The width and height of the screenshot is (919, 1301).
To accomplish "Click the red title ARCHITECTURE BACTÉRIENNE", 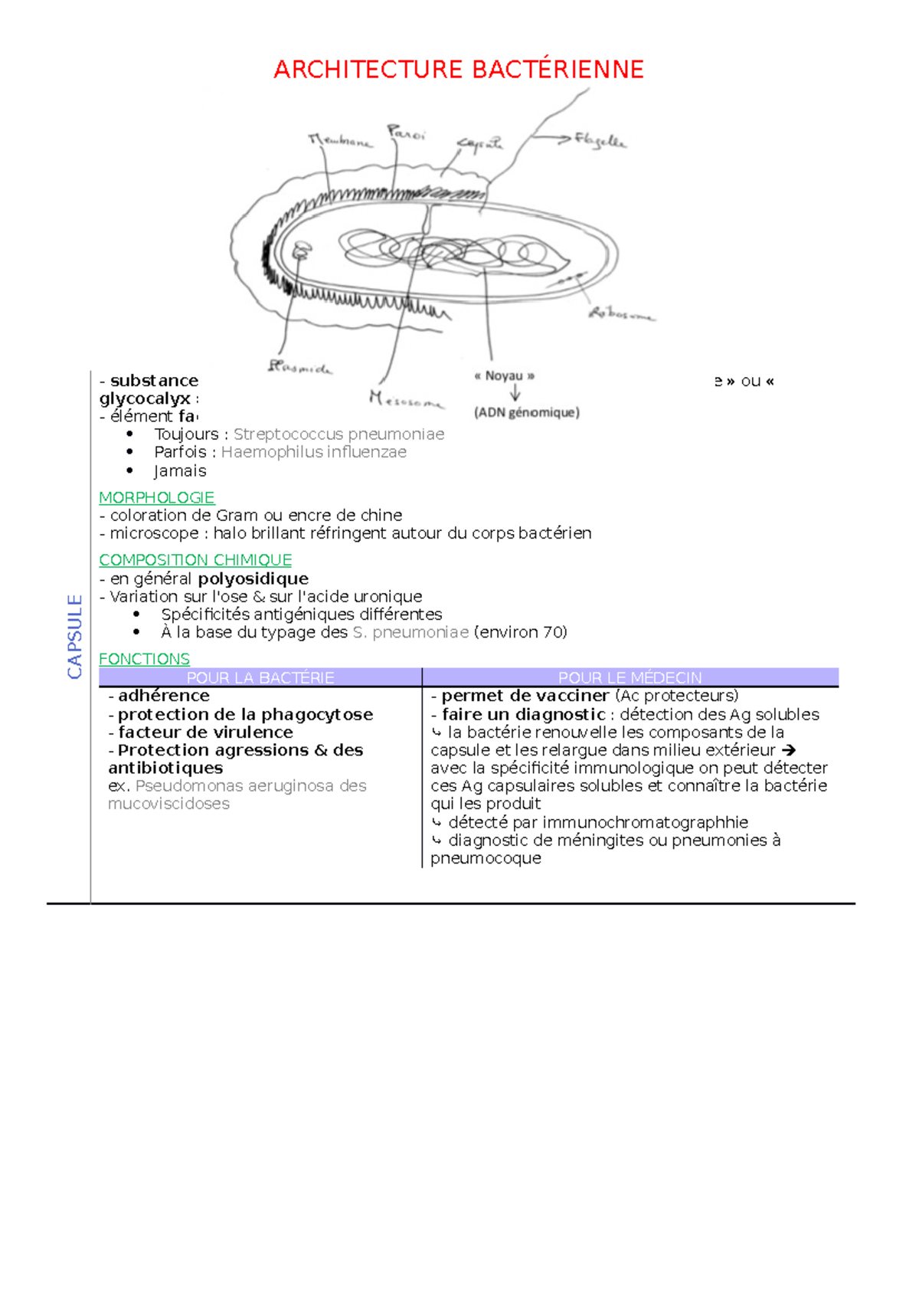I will tap(458, 70).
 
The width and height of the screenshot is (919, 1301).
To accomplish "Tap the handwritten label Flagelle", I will tap(601, 141).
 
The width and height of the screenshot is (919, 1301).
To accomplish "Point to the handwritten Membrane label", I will tap(339, 141).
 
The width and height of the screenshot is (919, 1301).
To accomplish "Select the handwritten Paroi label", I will tap(406, 133).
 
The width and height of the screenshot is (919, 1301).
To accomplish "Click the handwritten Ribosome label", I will tap(621, 313).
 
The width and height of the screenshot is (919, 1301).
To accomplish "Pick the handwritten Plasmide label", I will tap(299, 368).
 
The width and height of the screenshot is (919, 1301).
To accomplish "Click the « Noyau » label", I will tap(504, 376).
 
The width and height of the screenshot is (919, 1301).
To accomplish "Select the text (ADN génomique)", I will tap(527, 412).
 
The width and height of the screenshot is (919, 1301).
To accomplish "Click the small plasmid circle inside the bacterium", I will tap(301, 250).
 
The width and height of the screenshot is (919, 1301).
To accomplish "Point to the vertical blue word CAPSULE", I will tap(74, 636).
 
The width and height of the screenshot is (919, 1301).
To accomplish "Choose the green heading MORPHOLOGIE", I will tap(156, 497).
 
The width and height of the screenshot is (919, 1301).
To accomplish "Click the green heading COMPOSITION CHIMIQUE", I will tap(195, 560).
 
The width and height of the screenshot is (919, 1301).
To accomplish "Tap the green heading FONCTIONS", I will tap(144, 659).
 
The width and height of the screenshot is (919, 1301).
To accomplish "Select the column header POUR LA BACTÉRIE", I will tap(260, 677).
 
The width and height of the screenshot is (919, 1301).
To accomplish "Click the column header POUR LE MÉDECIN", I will tap(630, 677).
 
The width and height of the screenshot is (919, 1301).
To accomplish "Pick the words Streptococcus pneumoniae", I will tap(338, 434).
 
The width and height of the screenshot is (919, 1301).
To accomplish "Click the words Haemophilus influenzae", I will tap(313, 452).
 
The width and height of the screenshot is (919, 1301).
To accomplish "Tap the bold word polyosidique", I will tap(253, 578).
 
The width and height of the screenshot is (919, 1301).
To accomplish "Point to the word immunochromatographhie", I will tap(645, 822).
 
